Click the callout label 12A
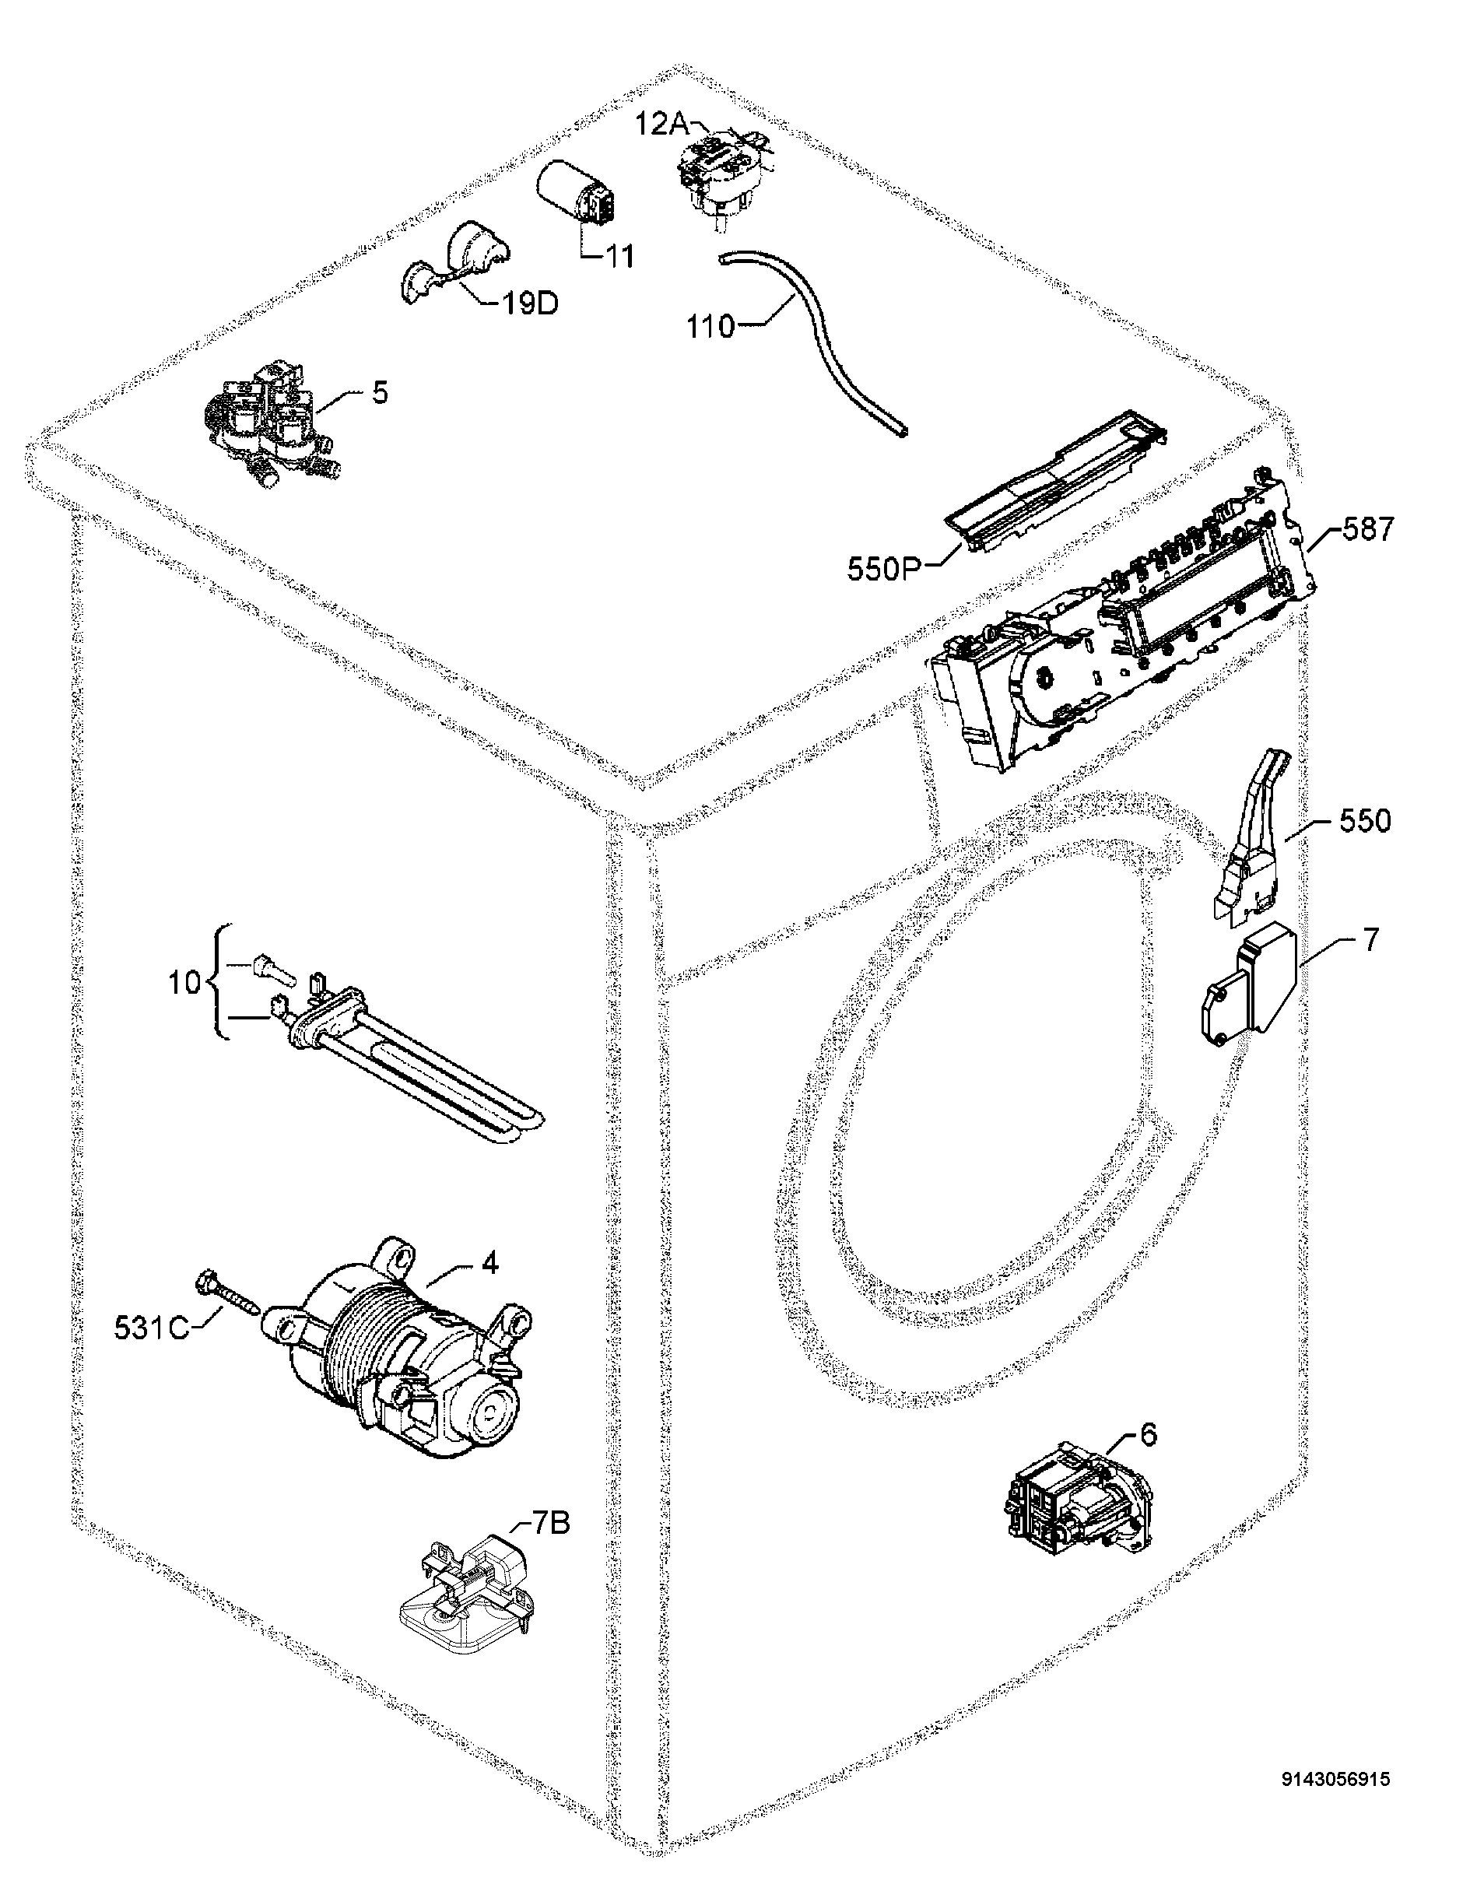[662, 125]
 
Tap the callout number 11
[618, 256]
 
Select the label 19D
[530, 304]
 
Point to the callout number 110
[710, 328]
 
